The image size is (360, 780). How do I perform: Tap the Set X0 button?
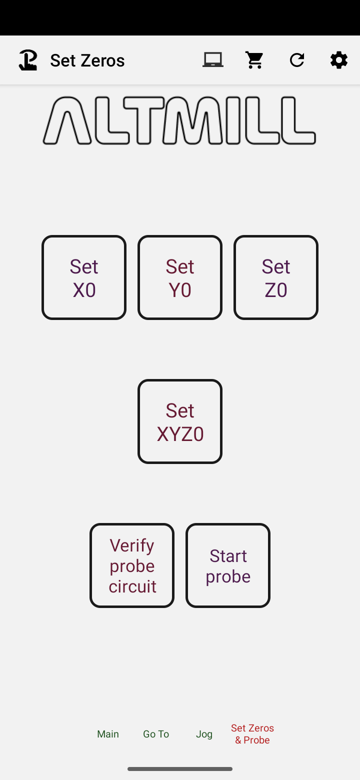pos(84,277)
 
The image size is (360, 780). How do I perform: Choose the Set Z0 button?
pos(276,277)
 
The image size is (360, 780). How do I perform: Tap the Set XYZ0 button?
pos(180,421)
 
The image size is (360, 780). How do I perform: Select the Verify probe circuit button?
pos(132,565)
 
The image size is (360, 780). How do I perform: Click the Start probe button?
pos(228,565)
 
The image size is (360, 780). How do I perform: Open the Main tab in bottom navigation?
pos(108,733)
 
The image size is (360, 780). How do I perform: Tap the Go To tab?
pos(156,733)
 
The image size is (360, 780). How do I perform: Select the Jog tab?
pos(204,733)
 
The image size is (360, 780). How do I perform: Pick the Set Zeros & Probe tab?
pos(252,733)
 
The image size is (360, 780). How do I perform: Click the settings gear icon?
pos(339,60)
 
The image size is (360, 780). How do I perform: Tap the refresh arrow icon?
pos(297,60)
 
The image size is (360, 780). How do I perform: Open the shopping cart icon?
pos(254,60)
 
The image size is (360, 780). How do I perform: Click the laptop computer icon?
pos(213,60)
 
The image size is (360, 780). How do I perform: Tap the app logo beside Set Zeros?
pos(28,60)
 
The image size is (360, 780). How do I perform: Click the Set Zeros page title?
pos(87,60)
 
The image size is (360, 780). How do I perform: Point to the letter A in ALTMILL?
pos(67,121)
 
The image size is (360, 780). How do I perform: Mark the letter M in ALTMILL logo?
pos(192,121)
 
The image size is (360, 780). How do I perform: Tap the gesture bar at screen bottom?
pos(180,769)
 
